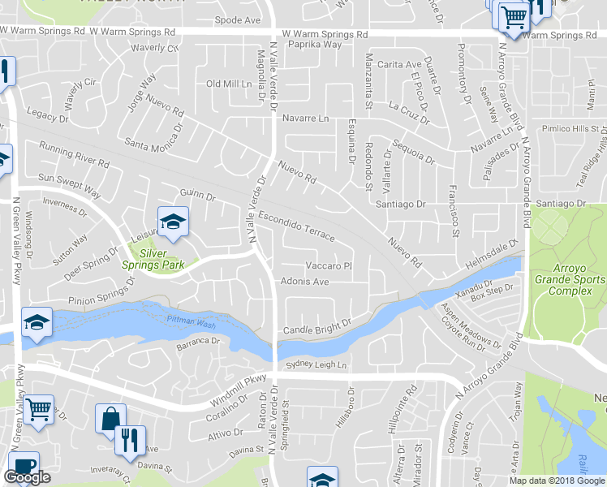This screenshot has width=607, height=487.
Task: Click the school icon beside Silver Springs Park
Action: (x=172, y=222)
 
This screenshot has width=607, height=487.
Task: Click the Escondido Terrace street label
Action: (x=296, y=225)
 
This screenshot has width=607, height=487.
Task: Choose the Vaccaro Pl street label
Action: (x=327, y=265)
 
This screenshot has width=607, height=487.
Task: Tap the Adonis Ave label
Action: (x=304, y=282)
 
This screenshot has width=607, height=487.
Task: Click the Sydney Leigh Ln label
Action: (x=316, y=366)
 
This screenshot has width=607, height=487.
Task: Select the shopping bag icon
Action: (x=109, y=419)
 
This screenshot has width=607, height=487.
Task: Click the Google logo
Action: (x=27, y=477)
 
